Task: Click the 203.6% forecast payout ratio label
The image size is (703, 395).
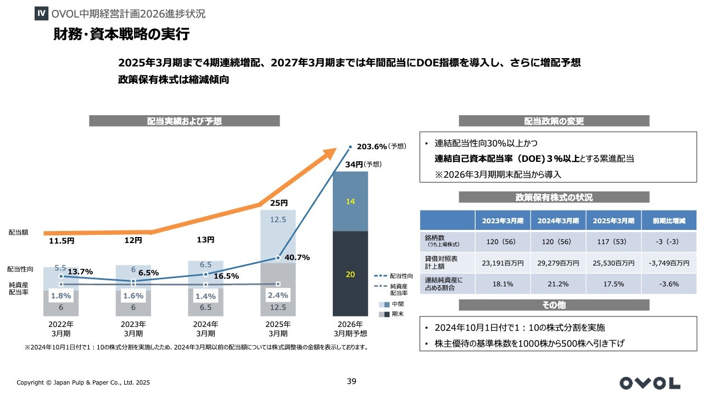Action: coord(372,147)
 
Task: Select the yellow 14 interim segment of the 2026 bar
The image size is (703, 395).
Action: coord(350,201)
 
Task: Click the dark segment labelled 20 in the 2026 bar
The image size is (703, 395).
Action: coord(350,274)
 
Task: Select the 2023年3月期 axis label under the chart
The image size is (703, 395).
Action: coord(133,329)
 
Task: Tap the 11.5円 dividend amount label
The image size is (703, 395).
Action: coord(62,240)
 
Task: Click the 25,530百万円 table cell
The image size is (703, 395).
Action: coord(613,263)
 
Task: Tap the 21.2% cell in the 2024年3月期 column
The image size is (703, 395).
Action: coord(557,284)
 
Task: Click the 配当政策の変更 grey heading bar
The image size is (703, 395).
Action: coord(554,121)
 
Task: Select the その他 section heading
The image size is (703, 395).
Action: coord(554,305)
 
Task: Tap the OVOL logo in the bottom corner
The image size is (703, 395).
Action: coord(650,382)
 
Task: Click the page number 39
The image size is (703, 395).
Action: coord(351,381)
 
